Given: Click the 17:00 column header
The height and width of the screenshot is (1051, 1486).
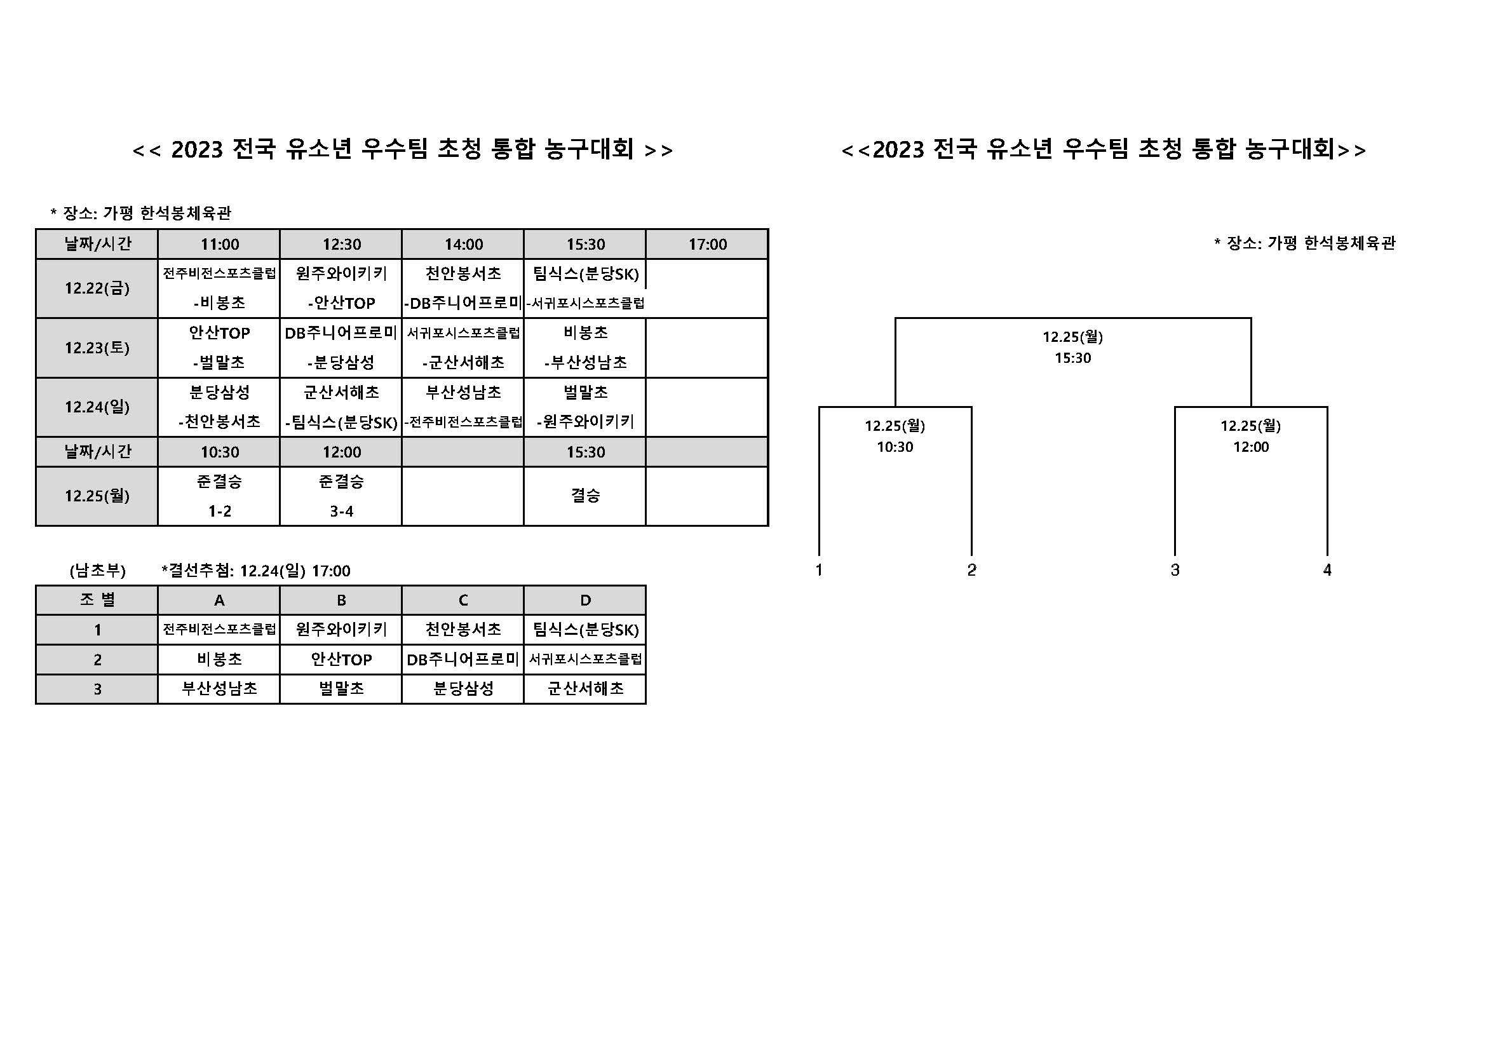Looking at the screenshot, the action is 707,244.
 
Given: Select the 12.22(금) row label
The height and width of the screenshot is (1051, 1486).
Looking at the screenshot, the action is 97,288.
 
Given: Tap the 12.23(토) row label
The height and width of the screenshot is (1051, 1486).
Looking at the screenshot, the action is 97,348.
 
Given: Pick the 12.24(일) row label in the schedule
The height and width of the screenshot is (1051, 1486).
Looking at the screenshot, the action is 97,407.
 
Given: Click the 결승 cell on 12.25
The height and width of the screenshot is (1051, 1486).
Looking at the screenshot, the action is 585,496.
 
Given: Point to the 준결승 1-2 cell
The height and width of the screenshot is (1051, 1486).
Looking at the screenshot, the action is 219,496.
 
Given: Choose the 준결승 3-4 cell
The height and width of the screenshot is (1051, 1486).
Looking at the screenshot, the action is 341,496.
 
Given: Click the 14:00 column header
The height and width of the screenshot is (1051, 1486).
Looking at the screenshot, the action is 463,244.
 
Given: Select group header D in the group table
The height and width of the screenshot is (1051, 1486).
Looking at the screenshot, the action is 585,600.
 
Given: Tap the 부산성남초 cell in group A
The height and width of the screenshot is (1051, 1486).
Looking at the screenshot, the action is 219,689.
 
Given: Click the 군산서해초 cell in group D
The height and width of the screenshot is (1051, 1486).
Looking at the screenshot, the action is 585,689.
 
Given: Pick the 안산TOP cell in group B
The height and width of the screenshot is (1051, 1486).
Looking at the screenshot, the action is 341,660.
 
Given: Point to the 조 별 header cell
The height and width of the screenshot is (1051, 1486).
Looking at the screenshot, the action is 97,600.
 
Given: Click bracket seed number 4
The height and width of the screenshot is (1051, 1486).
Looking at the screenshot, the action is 1327,570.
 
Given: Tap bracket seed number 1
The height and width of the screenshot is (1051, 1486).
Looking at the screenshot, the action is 819,570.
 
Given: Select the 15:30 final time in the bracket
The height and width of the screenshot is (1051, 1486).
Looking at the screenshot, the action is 1072,358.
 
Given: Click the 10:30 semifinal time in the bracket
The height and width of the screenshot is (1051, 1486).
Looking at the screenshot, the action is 895,447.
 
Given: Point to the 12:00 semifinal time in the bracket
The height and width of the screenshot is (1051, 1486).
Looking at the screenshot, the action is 1250,447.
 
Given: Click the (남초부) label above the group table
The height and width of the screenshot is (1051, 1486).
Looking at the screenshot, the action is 97,571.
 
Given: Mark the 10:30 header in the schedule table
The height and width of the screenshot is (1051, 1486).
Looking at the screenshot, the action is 219,452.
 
